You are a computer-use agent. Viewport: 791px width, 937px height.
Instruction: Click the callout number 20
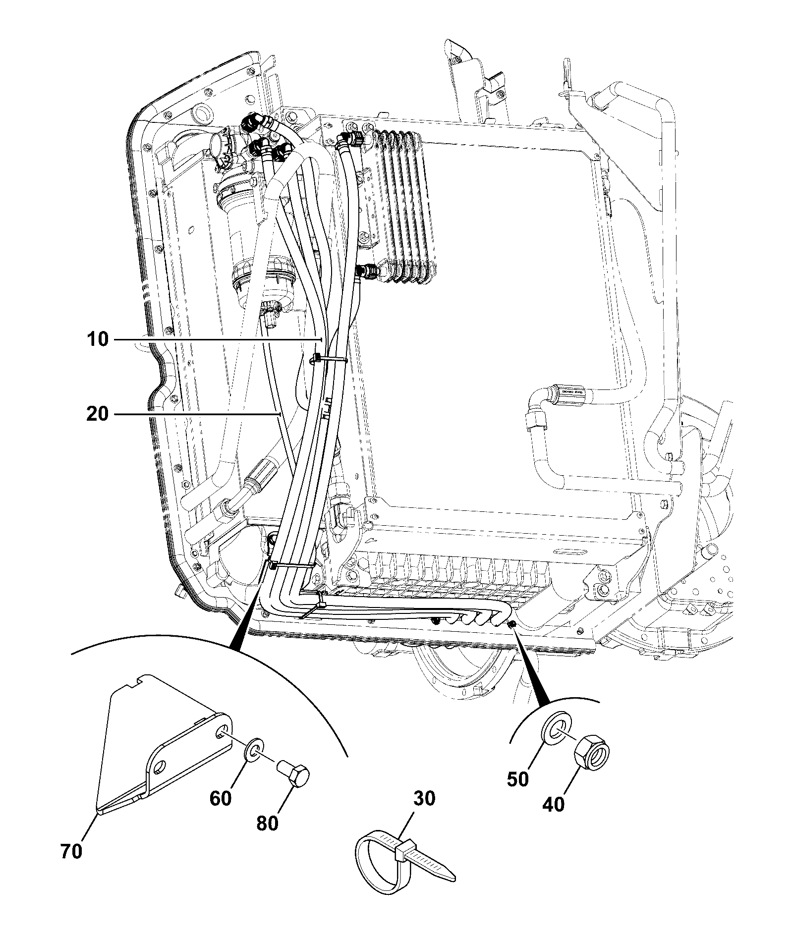97,413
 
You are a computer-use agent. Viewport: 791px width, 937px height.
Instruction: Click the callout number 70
71,851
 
